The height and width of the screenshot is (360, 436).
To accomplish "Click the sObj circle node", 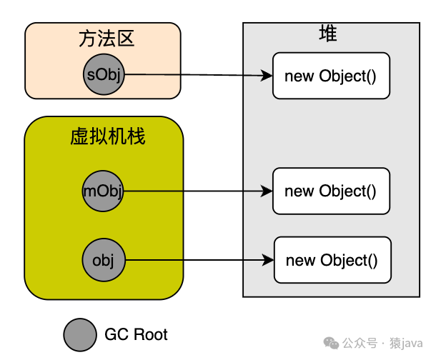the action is point(104,74).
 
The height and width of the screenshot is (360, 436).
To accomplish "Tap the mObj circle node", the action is point(103,191).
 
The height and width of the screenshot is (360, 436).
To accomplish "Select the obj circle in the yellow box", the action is point(104,260).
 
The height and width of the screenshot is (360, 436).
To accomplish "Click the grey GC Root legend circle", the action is point(80,335).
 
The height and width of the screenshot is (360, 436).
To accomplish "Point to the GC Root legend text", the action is point(136,334).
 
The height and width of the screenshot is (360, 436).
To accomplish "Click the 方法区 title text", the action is point(106,39).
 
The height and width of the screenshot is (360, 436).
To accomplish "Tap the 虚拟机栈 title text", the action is point(108,136).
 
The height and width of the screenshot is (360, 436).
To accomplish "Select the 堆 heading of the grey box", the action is point(328,33).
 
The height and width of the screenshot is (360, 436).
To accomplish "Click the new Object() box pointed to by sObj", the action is point(331,76).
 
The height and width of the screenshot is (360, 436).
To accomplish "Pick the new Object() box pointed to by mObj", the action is point(331,191).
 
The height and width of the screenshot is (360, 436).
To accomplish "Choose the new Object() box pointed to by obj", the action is point(332,260).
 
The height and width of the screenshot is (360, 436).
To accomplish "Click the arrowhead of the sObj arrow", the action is point(267,75).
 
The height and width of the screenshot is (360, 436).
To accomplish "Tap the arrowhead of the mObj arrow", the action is point(267,191).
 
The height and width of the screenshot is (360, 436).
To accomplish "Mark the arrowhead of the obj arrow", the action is point(268,260).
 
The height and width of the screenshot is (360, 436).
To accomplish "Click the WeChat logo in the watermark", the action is point(331,343).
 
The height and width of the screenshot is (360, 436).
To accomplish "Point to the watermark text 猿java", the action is point(406,344).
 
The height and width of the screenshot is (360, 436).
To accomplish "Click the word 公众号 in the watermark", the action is point(360,343).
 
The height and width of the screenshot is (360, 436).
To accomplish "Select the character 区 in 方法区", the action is point(126,39).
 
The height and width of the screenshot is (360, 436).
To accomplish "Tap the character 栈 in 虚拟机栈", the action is point(137,136).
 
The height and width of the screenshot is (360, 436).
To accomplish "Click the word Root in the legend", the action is point(151,334).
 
